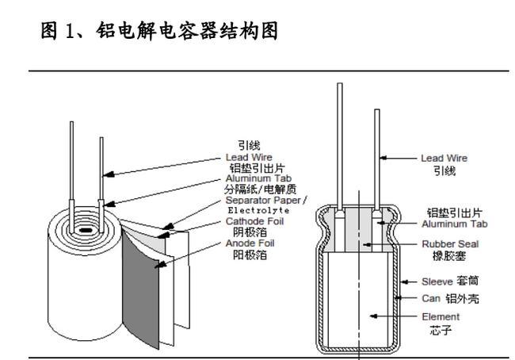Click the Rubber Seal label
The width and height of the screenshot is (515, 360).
439,245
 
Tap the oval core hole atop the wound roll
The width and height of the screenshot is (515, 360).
83,232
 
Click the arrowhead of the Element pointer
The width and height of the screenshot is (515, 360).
370,316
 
